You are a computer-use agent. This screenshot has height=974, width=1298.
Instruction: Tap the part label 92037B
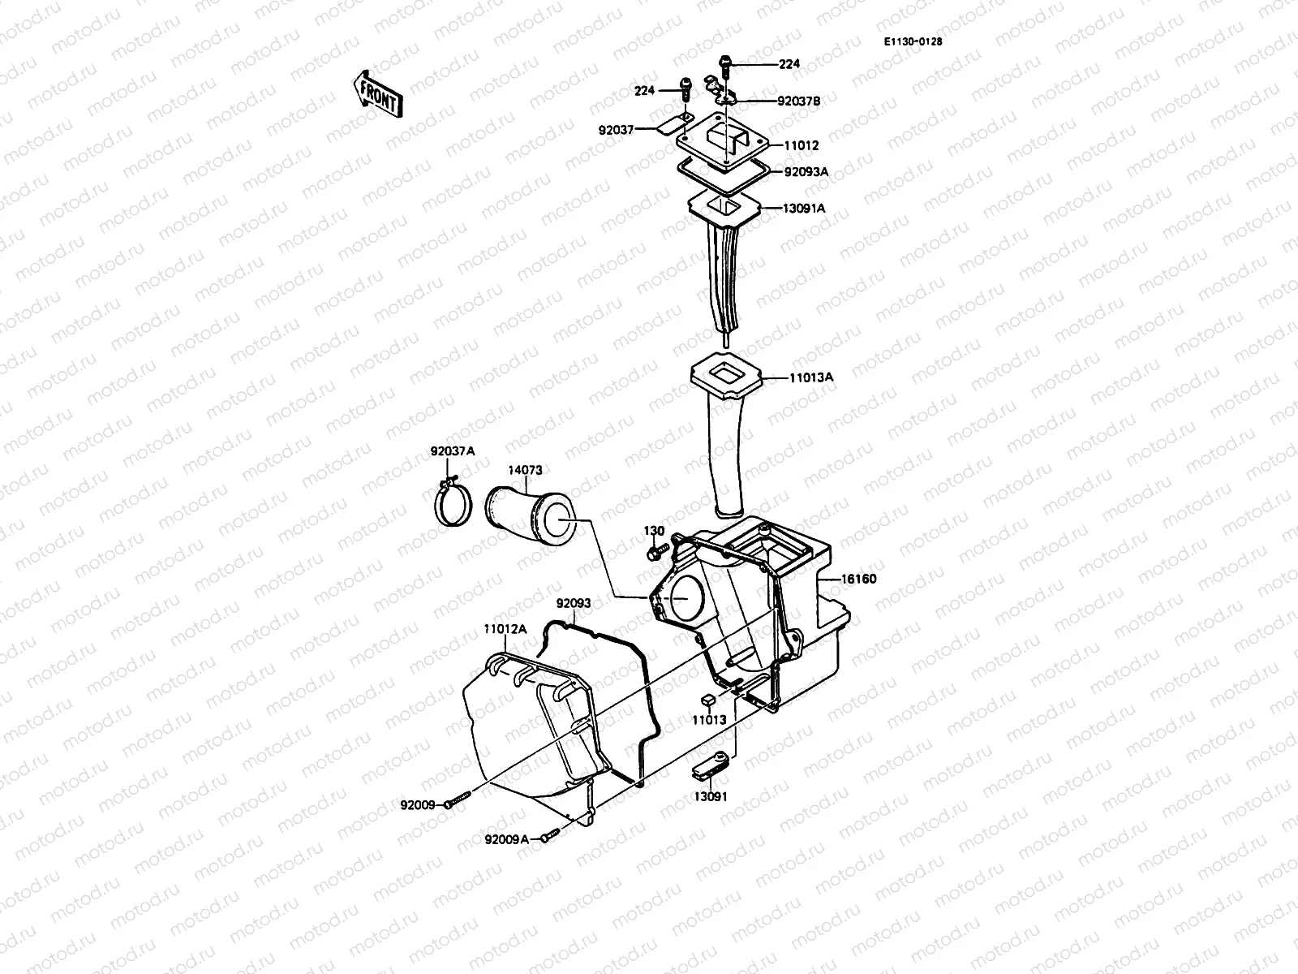click(x=798, y=101)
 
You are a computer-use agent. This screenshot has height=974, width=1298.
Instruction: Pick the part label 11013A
click(x=810, y=377)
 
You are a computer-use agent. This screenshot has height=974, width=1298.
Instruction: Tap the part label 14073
click(x=525, y=470)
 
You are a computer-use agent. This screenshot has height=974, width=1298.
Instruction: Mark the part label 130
click(x=654, y=531)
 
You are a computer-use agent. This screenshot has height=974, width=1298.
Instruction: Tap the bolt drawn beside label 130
click(x=655, y=552)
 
